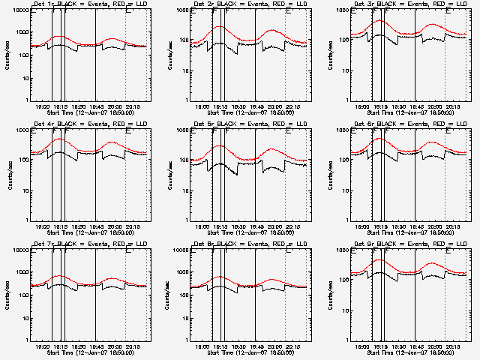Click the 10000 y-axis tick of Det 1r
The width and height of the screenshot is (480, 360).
tap(17, 10)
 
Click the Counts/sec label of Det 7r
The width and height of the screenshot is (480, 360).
tap(10, 294)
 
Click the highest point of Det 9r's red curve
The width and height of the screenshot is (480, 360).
tap(379, 259)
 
